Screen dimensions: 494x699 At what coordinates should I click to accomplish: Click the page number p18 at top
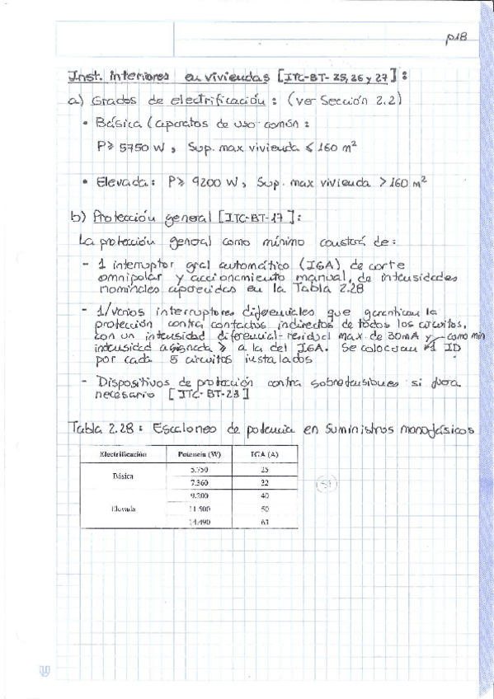click(455, 37)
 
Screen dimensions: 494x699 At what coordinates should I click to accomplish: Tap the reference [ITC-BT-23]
click(205, 396)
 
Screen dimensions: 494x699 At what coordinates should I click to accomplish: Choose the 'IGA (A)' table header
click(264, 454)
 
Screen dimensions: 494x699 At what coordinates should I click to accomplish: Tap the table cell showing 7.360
click(198, 482)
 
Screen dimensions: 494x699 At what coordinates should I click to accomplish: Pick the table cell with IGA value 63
click(264, 522)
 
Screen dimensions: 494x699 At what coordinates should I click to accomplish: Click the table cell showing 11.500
click(198, 509)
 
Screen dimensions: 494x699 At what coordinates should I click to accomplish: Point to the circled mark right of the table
click(327, 485)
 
